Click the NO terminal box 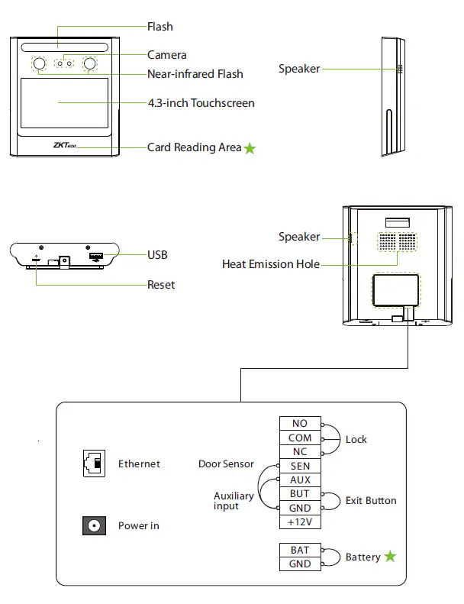[300, 424]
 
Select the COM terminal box [300, 438]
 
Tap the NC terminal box [300, 452]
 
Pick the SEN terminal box [300, 466]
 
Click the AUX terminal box [300, 480]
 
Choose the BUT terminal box [300, 494]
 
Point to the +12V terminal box [300, 522]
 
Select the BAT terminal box [300, 550]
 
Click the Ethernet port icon [93, 463]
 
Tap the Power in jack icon [93, 526]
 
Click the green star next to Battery [390, 557]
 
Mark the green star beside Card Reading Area [250, 148]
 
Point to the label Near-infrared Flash [195, 74]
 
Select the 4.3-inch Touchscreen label [201, 103]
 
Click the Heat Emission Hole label [270, 264]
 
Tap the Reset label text [160, 285]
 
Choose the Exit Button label [371, 501]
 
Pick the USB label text [157, 255]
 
